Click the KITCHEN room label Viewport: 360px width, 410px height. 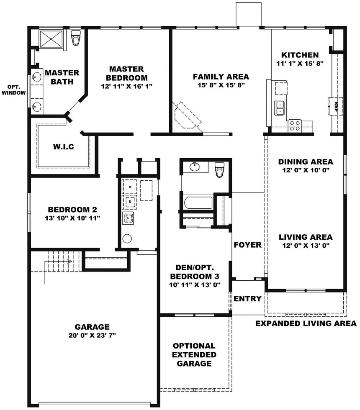coord(300,55)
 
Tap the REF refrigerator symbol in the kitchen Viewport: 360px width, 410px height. coord(335,106)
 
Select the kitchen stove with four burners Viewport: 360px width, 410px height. coord(295,126)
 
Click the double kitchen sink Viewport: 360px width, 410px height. coord(280,108)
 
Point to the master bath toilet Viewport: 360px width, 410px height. coord(76,38)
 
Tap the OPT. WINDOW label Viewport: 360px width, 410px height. coord(13,90)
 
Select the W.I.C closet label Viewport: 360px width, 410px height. coord(64,147)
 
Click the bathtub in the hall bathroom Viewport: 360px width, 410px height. coord(198,202)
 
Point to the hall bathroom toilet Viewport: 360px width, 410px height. coord(219,169)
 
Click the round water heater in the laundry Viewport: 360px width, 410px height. coord(127,238)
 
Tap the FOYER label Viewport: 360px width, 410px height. coord(247,245)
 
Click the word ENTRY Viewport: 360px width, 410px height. coord(247,299)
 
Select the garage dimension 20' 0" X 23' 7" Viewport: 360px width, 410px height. coord(92,335)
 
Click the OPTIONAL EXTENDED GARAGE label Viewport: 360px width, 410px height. coord(194,355)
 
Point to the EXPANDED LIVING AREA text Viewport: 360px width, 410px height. coord(306,323)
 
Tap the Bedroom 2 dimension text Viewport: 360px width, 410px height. coord(72,218)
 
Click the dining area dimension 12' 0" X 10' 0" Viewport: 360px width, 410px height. coord(306,170)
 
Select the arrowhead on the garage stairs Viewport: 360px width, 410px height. coord(69,261)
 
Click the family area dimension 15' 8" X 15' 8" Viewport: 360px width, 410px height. coord(221,85)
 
